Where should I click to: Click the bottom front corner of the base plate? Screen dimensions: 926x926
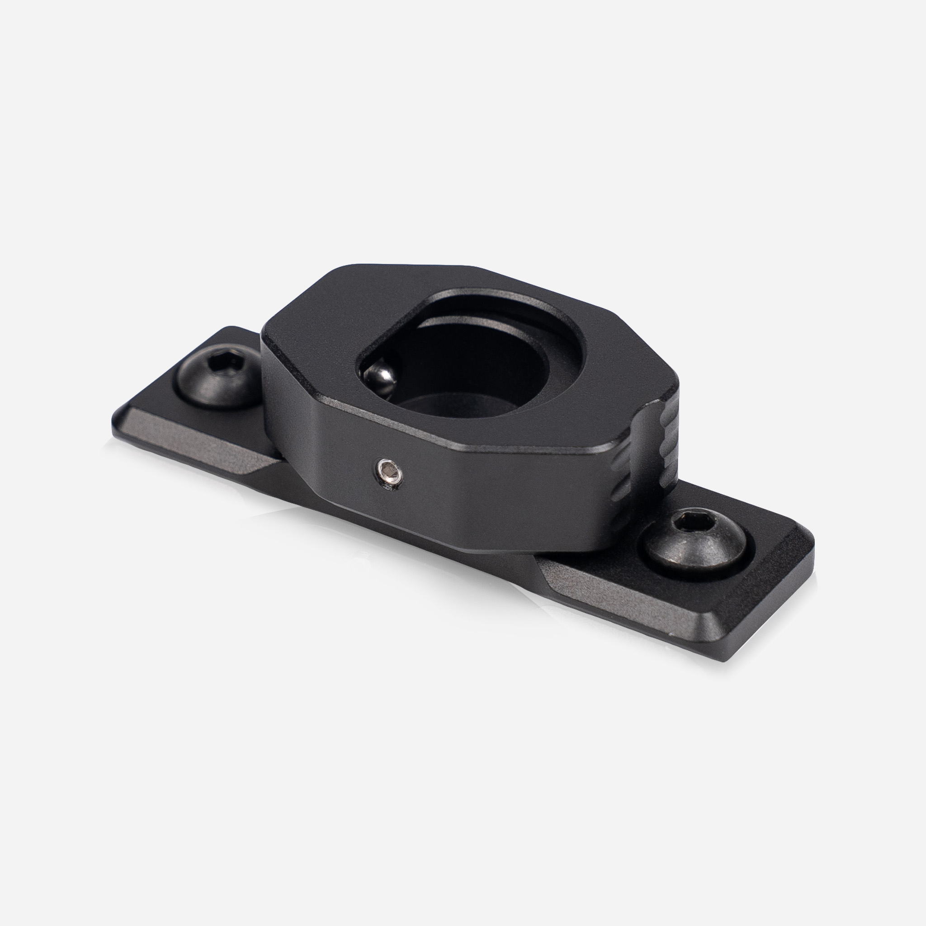(726, 659)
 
